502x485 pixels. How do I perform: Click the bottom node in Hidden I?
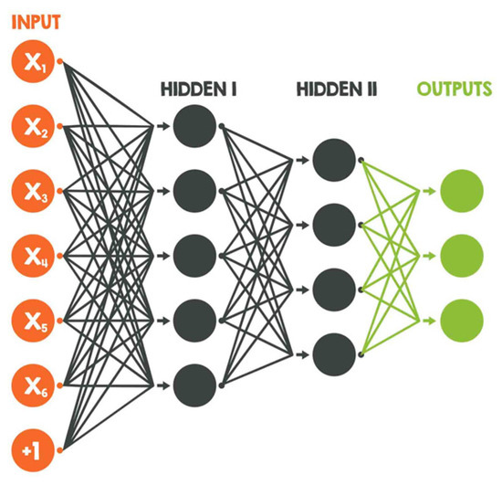pyautogui.click(x=194, y=383)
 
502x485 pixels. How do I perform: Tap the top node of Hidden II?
pyautogui.click(x=333, y=160)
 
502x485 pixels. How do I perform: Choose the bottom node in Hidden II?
pyautogui.click(x=333, y=351)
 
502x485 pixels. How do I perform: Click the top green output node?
pyautogui.click(x=460, y=192)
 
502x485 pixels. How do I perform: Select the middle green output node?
pyautogui.click(x=460, y=256)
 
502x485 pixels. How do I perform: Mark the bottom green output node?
pyautogui.click(x=460, y=320)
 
